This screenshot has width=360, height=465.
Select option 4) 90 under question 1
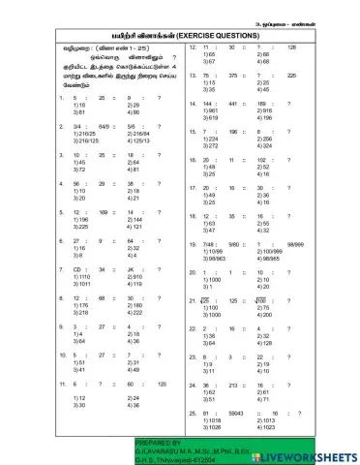pos(134,112)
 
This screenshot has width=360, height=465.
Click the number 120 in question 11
pos(162,384)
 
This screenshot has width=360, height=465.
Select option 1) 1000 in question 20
pos(209,280)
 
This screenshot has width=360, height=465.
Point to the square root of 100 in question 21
pos(260,300)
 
